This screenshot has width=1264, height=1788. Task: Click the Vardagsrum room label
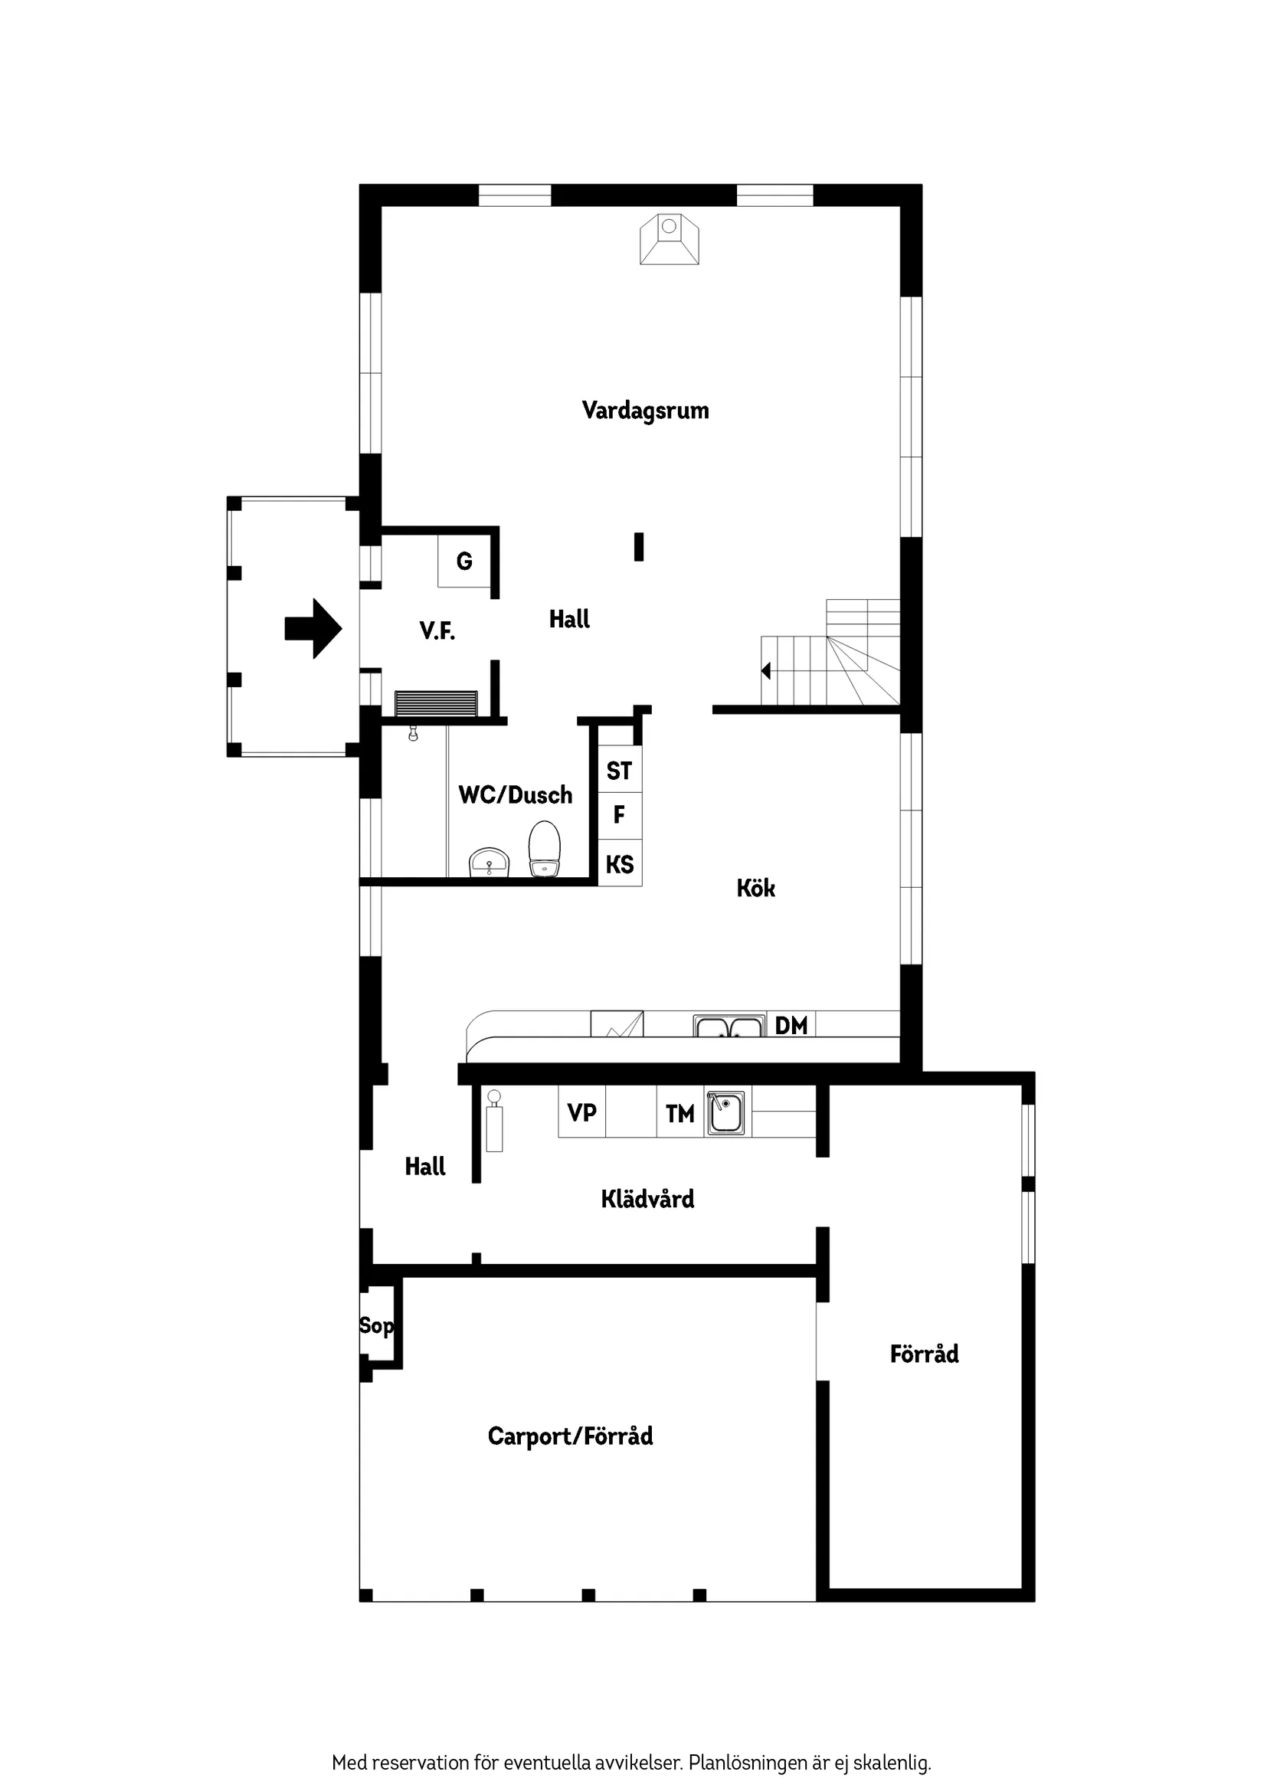pyautogui.click(x=645, y=411)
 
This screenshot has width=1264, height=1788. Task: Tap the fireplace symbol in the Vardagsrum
pyautogui.click(x=669, y=239)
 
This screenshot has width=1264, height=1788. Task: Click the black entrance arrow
pyautogui.click(x=313, y=628)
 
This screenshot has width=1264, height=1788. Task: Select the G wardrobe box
pyautogui.click(x=464, y=561)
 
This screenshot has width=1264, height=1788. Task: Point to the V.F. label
pyautogui.click(x=437, y=630)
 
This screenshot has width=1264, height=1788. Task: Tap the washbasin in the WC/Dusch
pyautogui.click(x=488, y=863)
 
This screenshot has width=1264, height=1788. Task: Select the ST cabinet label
pyautogui.click(x=619, y=771)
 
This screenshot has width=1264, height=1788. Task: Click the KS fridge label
pyautogui.click(x=620, y=864)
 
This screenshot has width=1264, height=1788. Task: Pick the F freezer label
pyautogui.click(x=619, y=815)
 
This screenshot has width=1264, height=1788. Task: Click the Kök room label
pyautogui.click(x=755, y=889)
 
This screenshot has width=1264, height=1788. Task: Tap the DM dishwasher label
pyautogui.click(x=791, y=1026)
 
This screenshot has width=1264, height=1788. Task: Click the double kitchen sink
pyautogui.click(x=729, y=1027)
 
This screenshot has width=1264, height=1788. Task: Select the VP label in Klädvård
pyautogui.click(x=581, y=1113)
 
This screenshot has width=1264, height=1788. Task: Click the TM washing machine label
pyautogui.click(x=680, y=1115)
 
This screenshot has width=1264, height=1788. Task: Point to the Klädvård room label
pyautogui.click(x=647, y=1199)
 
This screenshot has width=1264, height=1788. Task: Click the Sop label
pyautogui.click(x=376, y=1325)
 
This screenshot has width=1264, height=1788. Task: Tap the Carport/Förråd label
pyautogui.click(x=570, y=1436)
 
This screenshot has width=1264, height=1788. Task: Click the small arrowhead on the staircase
pyautogui.click(x=766, y=670)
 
